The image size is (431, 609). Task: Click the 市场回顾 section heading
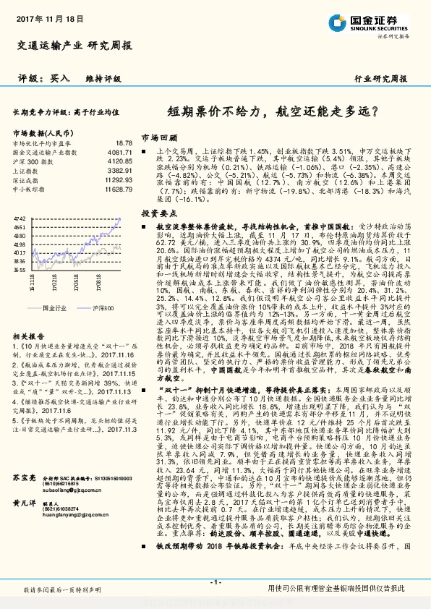tap(158, 136)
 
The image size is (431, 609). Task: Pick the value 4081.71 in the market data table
tap(120, 153)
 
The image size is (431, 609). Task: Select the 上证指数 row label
tap(27, 170)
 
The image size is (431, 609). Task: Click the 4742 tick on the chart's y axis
tap(20, 218)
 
